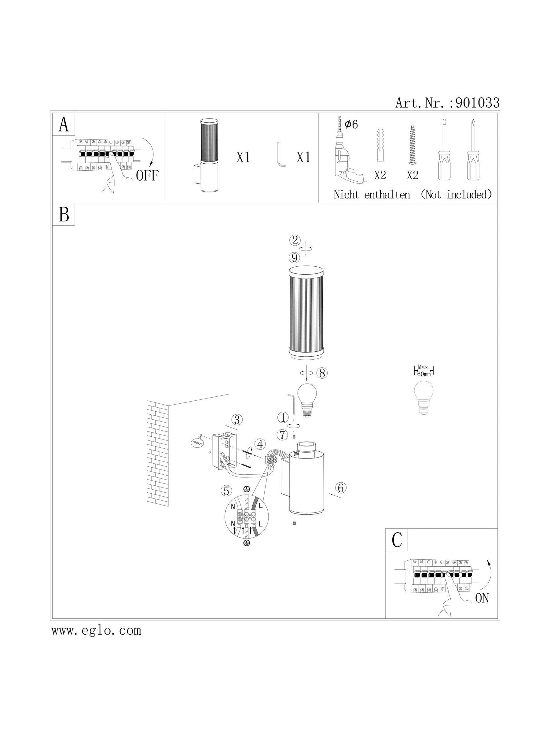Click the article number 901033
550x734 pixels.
coord(477,103)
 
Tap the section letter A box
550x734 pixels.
coord(64,124)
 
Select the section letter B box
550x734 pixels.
coord(64,214)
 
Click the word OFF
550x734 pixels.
coord(148,175)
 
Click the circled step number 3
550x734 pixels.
coord(237,420)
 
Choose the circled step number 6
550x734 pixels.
coord(341,488)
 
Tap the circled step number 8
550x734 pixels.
coord(321,373)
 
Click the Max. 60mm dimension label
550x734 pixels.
coord(424,370)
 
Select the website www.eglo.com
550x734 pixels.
coord(96,630)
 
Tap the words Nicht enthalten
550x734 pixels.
coord(372,195)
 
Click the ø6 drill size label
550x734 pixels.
coord(351,124)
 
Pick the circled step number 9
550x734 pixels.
coord(294,257)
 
